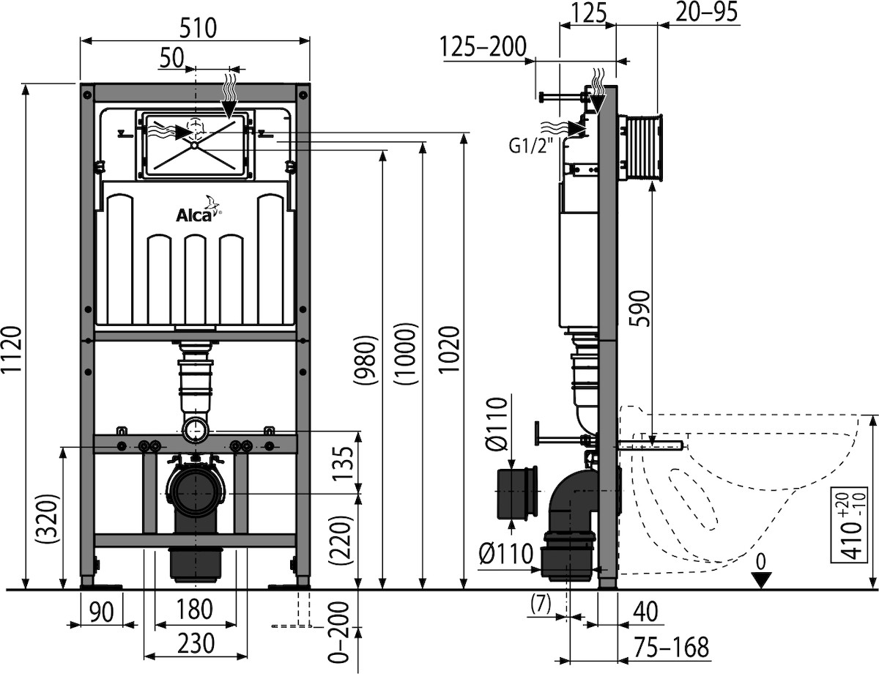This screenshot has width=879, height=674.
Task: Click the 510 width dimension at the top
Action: [x=194, y=28]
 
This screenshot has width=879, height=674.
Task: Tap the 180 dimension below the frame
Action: [x=194, y=610]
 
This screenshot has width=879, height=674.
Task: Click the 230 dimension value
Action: [x=194, y=644]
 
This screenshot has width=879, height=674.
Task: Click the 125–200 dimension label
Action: [x=483, y=47]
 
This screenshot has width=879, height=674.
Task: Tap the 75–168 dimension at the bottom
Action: [x=672, y=647]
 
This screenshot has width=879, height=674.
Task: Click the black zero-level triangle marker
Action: [x=762, y=579]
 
